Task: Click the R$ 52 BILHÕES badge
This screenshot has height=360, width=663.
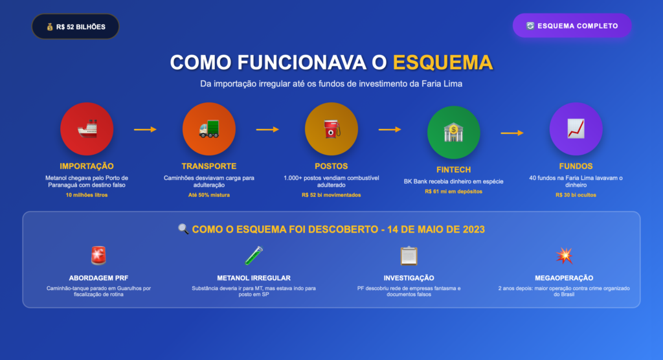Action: point(75,27)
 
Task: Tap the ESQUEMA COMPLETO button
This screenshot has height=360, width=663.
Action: point(572,26)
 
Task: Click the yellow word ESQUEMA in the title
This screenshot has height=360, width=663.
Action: point(443,62)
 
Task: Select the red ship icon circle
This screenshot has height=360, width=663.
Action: point(87,129)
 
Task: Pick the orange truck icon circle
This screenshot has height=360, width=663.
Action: point(209,129)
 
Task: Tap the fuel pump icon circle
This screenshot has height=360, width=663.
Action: point(331,129)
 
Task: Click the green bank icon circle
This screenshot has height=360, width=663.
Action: point(453,132)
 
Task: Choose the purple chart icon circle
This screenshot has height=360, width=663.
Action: point(576,129)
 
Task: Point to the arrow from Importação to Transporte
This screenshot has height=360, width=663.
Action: point(145,129)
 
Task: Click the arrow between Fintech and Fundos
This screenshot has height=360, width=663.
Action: point(512,133)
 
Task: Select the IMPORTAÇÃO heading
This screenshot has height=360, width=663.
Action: point(87,166)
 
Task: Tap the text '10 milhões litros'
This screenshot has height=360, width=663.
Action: point(87,195)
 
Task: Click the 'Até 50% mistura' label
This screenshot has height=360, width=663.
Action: point(209,195)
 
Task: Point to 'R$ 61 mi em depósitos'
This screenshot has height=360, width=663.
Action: point(453,192)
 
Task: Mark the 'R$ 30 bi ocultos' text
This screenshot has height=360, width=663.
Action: point(576,195)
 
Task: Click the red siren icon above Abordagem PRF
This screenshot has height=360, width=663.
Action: point(98,256)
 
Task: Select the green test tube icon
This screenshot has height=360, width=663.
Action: point(254,256)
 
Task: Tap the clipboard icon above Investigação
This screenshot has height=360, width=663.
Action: point(409,256)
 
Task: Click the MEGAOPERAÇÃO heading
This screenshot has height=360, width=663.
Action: point(564,278)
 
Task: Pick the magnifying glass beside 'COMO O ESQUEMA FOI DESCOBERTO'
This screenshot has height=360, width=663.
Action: point(183,229)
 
